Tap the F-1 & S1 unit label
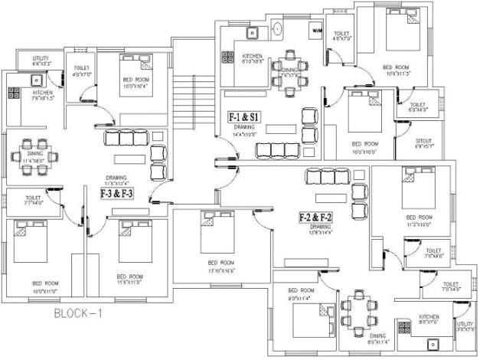point(244,116)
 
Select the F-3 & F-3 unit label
point(116,194)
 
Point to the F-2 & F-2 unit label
point(315,218)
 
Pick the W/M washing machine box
point(316,31)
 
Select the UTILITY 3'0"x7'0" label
point(464,327)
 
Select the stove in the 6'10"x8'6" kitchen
point(227,57)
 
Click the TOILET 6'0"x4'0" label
point(418,107)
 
